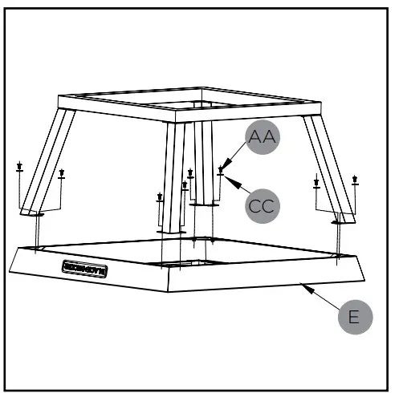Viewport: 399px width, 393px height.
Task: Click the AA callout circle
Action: pos(260,138)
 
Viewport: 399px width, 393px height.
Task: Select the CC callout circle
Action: pos(262,205)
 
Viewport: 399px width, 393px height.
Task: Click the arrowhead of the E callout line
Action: pos(301,282)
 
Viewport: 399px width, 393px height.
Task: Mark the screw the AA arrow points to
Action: pos(221,171)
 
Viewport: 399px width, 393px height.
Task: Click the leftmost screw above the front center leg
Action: pos(160,196)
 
